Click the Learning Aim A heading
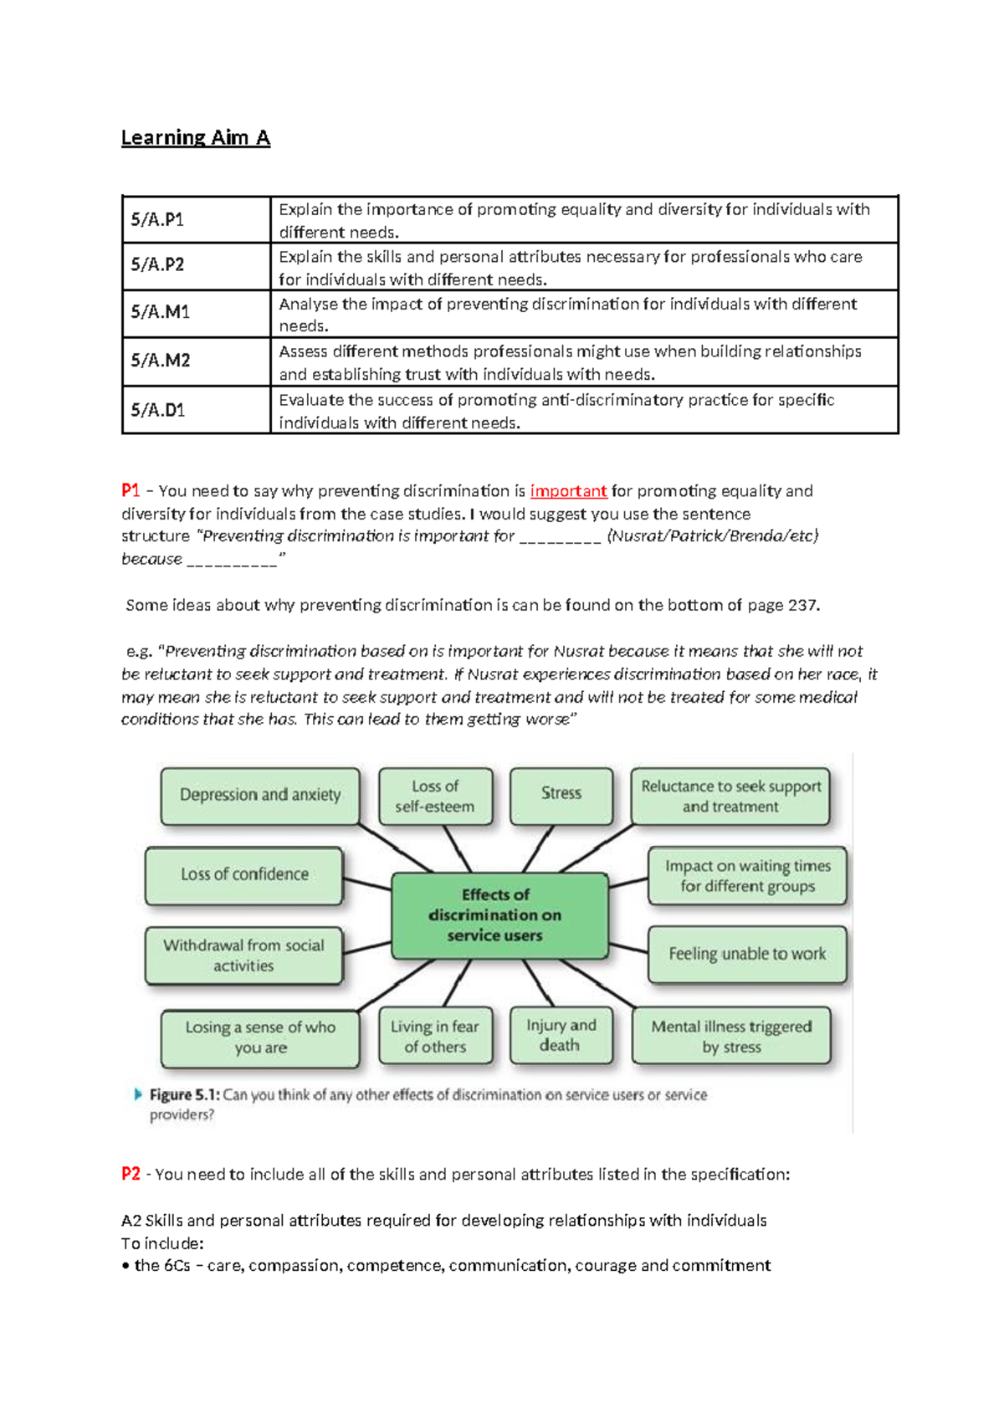[195, 137]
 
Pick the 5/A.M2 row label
[160, 361]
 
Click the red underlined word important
[568, 491]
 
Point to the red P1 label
[130, 490]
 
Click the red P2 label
[131, 1174]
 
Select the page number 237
[802, 605]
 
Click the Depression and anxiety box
[260, 796]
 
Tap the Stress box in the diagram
[561, 794]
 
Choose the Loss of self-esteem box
[435, 797]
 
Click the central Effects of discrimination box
[499, 915]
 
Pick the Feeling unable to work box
[746, 954]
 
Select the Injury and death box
[561, 1036]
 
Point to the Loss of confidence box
[244, 875]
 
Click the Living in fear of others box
[435, 1037]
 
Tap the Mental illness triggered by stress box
[731, 1037]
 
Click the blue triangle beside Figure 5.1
[138, 1094]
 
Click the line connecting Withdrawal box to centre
[367, 949]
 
